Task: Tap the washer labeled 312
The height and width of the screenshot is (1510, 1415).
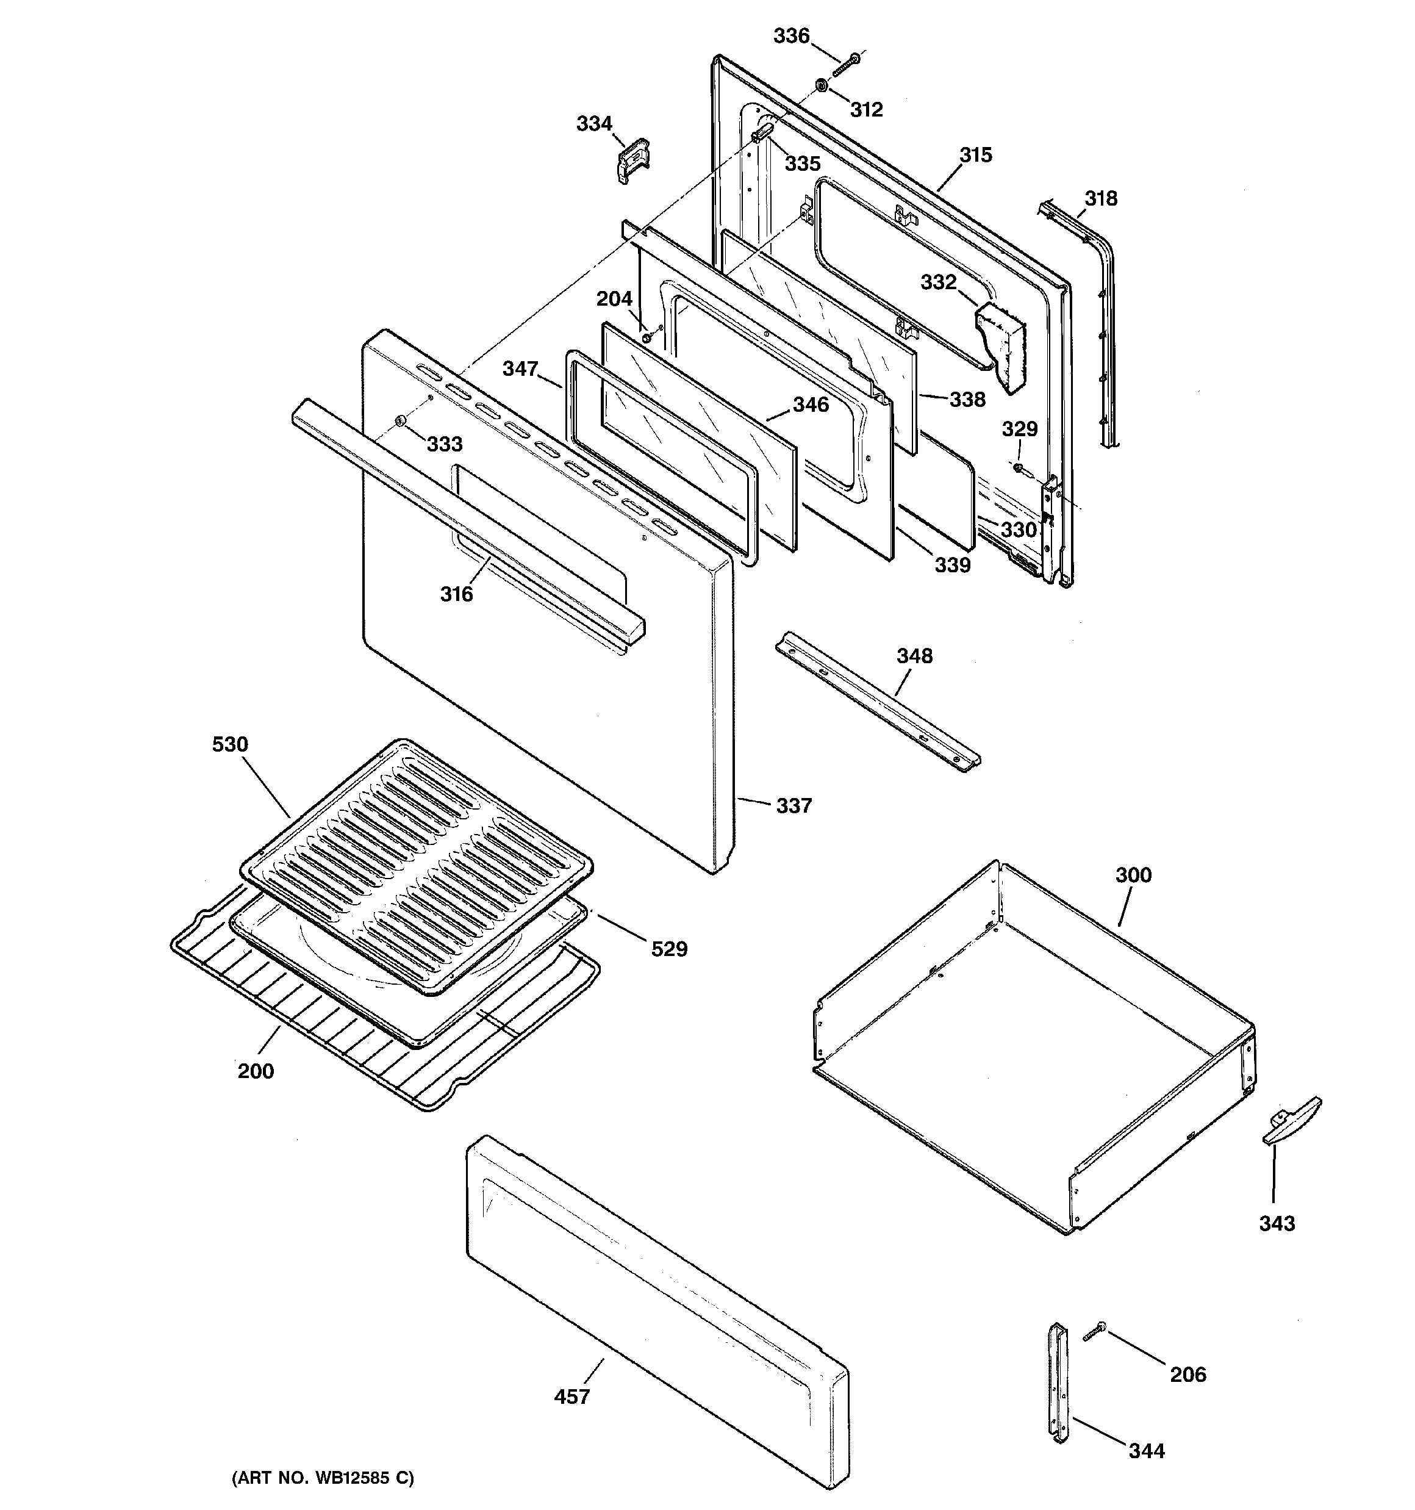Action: pos(823,85)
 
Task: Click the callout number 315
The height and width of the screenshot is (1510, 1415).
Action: pos(975,155)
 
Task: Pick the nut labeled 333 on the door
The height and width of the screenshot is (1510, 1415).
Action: pos(400,422)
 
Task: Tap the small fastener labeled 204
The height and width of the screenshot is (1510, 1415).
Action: pos(647,335)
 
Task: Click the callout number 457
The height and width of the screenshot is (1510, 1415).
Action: pos(571,1396)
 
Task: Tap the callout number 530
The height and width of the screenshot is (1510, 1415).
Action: pos(229,744)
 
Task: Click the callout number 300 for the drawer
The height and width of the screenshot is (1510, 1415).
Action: pos(1133,875)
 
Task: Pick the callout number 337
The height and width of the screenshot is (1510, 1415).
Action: pos(793,805)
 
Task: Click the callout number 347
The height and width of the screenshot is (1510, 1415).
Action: pos(520,369)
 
